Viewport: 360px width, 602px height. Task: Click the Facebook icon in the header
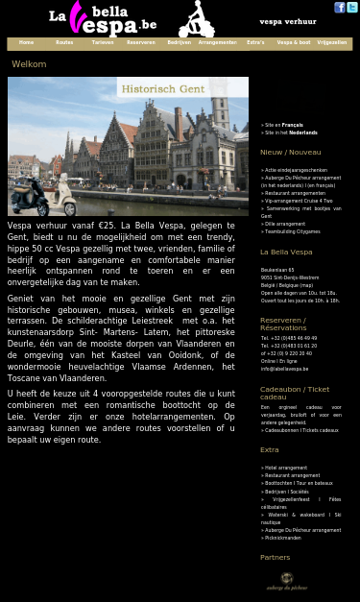point(340,8)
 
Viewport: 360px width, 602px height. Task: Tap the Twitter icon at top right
point(352,8)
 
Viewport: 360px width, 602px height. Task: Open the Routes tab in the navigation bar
point(64,43)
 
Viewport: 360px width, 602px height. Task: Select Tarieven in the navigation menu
point(102,43)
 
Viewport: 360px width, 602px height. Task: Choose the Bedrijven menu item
point(179,43)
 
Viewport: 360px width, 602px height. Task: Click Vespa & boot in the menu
point(293,43)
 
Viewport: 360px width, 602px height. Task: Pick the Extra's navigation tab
point(255,43)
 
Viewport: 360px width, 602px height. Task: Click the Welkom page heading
point(29,64)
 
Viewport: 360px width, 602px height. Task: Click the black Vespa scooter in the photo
point(28,198)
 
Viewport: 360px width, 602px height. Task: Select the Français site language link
point(292,125)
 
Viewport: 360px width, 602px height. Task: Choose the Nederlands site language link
point(302,132)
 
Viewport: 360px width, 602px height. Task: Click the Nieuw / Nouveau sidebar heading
point(290,152)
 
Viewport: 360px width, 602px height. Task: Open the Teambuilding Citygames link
point(293,231)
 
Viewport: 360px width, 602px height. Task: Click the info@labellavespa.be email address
point(284,369)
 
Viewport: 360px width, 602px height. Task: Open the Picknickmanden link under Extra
point(283,538)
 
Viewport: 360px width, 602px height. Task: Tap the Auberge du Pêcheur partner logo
point(286,580)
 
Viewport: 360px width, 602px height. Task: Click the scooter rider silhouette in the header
point(197,19)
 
